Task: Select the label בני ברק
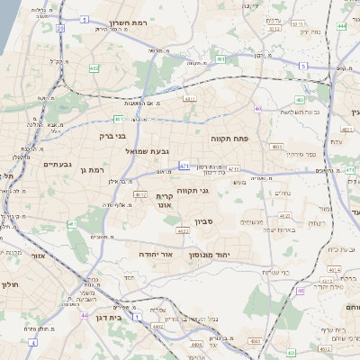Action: point(115,136)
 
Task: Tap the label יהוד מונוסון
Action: point(211,256)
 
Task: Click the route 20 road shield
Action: point(60,28)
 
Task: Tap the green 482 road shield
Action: point(94,67)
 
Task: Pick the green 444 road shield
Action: point(341,27)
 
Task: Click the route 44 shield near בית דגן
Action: point(84,316)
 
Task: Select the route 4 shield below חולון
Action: point(32,343)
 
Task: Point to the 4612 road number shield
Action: point(139,193)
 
